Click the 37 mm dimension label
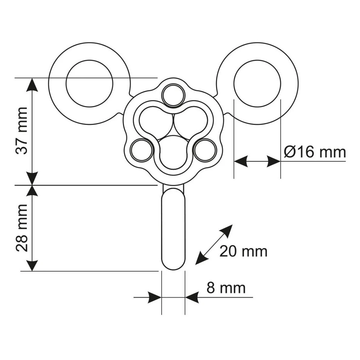(x=22, y=130)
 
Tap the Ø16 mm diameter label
(x=315, y=152)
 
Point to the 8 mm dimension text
(x=226, y=288)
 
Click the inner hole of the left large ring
(x=90, y=84)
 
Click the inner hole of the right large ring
(x=257, y=84)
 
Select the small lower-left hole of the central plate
(x=141, y=150)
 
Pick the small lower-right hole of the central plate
(x=205, y=150)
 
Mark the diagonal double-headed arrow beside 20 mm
(x=213, y=245)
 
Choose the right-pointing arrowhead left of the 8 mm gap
(x=154, y=297)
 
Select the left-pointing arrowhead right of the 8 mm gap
(x=192, y=297)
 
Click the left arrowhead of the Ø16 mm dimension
(x=241, y=161)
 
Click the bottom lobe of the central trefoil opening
(x=174, y=152)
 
